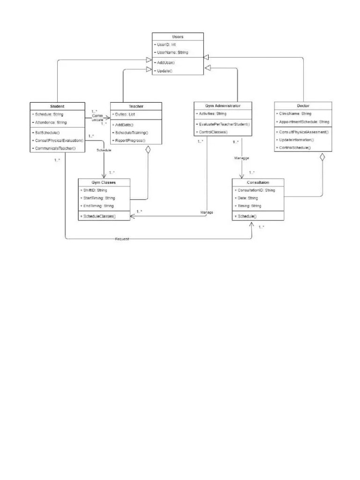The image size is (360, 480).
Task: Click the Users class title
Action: [178, 37]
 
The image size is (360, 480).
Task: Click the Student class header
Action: [57, 106]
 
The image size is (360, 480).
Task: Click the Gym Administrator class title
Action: [223, 106]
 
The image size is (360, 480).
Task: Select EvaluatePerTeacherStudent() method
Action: [224, 124]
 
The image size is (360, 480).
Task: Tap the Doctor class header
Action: [303, 106]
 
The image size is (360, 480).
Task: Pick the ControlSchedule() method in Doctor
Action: [294, 148]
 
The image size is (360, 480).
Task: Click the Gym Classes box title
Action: [104, 182]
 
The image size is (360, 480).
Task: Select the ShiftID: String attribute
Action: [95, 190]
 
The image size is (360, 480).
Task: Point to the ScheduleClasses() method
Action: [99, 216]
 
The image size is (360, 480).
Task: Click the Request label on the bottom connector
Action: [122, 239]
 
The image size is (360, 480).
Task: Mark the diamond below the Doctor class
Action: [322, 157]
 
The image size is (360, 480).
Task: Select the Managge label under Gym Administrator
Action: [241, 158]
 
